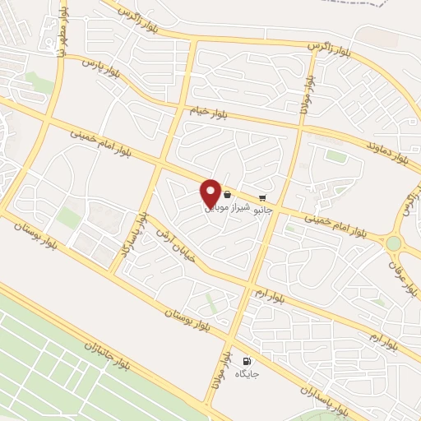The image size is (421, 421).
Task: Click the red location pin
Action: [x=210, y=192]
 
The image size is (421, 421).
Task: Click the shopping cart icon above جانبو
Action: [x=262, y=197]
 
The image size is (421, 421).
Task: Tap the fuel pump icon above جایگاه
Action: [x=246, y=361]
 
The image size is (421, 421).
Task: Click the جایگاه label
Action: [x=246, y=374]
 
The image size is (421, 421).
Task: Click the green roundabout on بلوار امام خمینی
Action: [x=394, y=243]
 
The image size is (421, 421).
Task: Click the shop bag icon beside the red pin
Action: [x=226, y=196]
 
